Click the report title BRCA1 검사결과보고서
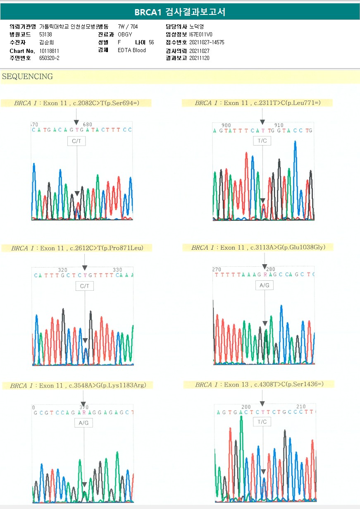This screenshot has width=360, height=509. pos(180,12)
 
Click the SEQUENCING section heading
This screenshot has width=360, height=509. pos(27,76)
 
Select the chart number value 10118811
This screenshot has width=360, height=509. pos(49,50)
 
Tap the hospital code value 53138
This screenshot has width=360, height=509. pos(45,34)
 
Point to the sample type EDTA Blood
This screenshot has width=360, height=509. pos(131,50)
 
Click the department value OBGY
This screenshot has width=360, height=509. pos(125,34)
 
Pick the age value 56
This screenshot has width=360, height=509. pos(151,42)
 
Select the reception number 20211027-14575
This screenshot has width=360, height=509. pos(207,42)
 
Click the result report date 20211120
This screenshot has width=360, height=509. pos(199,58)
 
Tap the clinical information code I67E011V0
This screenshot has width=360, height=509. pos(201,34)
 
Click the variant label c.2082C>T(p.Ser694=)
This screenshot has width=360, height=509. pos(112,103)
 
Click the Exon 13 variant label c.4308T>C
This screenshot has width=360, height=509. pos(288,385)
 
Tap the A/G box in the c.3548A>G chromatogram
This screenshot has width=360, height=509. pos(83,423)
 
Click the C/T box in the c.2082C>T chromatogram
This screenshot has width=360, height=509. pos(77,141)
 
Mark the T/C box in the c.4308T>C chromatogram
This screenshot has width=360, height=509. pos(262,422)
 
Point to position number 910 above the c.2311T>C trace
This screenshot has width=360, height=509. pos(279,125)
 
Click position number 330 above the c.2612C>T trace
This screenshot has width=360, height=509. pos(117,270)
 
